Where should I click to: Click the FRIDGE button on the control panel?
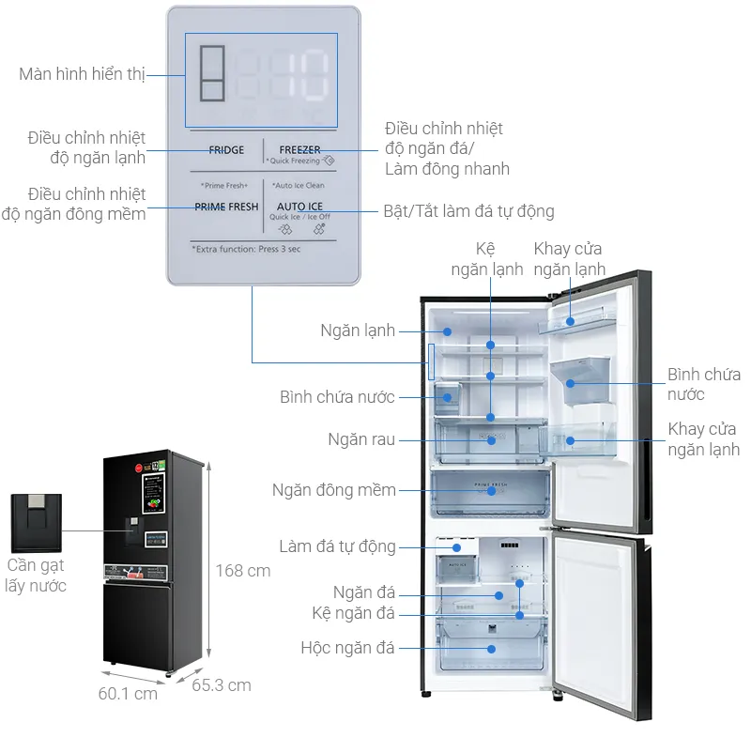[226, 150]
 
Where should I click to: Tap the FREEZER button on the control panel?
[299, 150]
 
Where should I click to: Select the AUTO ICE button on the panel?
[299, 207]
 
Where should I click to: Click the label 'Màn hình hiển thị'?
[82, 74]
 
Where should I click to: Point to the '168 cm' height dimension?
[242, 571]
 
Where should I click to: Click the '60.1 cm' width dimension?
[128, 694]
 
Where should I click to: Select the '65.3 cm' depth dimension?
[222, 685]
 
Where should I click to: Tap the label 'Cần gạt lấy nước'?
[36, 576]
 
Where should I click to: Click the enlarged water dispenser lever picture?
[36, 522]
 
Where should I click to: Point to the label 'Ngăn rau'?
[361, 439]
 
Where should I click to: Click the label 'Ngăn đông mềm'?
[334, 490]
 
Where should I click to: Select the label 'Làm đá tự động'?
[337, 546]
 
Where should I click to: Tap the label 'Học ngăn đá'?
[347, 648]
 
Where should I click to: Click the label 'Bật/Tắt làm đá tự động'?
[468, 211]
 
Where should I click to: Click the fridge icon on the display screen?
[213, 75]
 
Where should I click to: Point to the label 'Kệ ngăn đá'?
[353, 613]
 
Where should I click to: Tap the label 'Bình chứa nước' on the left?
[337, 397]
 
